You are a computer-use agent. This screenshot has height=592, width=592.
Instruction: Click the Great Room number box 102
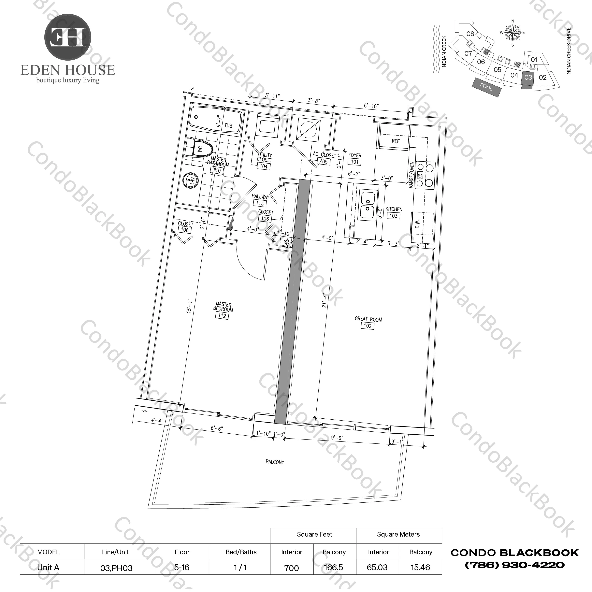pyautogui.click(x=367, y=326)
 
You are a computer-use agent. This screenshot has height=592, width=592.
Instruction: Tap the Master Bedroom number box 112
pyautogui.click(x=222, y=316)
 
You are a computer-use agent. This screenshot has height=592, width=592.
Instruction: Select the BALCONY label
pyautogui.click(x=275, y=462)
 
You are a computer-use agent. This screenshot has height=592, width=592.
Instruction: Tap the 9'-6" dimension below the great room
pyautogui.click(x=337, y=438)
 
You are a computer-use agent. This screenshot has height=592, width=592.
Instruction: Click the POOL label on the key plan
pyautogui.click(x=486, y=87)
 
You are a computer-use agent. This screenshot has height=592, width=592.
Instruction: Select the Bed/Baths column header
pyautogui.click(x=241, y=552)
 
